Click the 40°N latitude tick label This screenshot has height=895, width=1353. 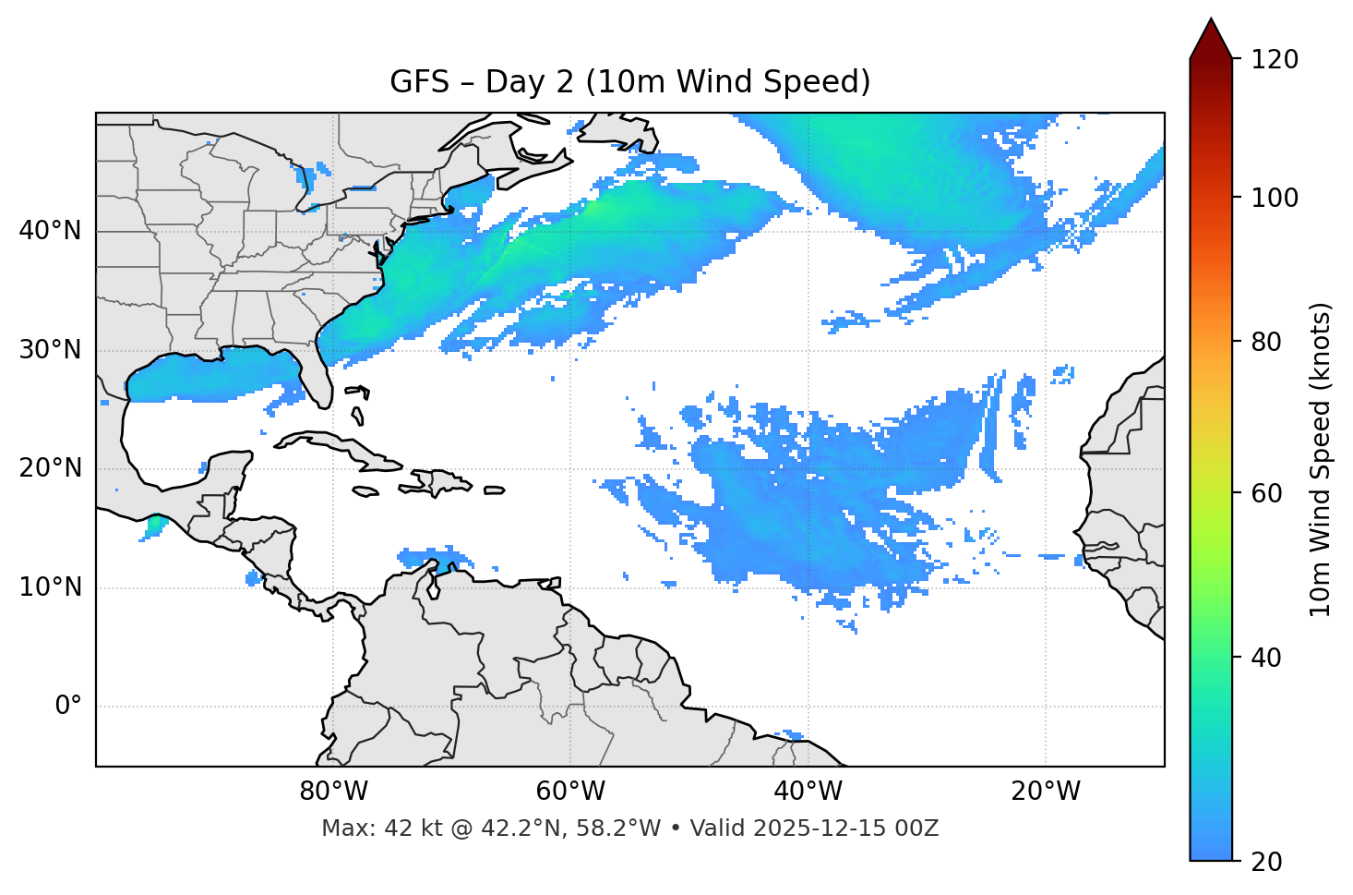tap(50, 231)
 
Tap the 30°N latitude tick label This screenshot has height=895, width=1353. tap(50, 350)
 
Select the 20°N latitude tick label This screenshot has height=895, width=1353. tap(50, 468)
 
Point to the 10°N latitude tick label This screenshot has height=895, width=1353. tap(50, 587)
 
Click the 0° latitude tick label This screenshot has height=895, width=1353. tap(67, 707)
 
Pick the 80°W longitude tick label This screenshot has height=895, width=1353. tap(333, 792)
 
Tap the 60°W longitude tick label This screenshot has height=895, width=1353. tap(570, 792)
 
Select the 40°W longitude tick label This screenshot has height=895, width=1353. tap(808, 792)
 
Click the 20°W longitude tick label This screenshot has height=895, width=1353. tap(1046, 792)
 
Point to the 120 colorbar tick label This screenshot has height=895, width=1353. tap(1274, 60)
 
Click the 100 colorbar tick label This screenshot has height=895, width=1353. tap(1274, 198)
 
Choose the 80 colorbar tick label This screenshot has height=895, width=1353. tap(1266, 342)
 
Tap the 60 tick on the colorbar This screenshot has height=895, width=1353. tap(1266, 493)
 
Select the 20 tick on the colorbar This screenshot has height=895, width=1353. tap(1266, 862)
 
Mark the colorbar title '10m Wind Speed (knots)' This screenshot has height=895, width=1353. tap(1321, 460)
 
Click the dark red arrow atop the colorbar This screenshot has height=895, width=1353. tap(1211, 40)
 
